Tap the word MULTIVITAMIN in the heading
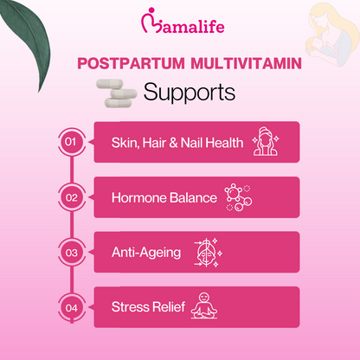coord(232,65)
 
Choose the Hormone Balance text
coord(164,197)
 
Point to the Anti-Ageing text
coord(146,253)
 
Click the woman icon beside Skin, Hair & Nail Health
coord(267,142)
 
